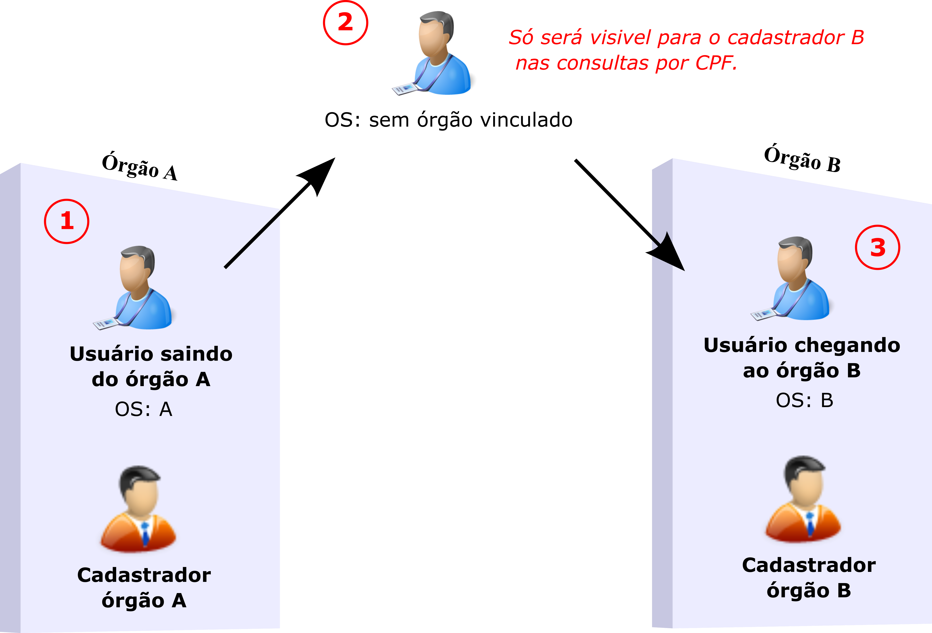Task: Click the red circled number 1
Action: [67, 221]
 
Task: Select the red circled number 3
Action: [877, 247]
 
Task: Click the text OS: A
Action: [144, 409]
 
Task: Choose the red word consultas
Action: [602, 63]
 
